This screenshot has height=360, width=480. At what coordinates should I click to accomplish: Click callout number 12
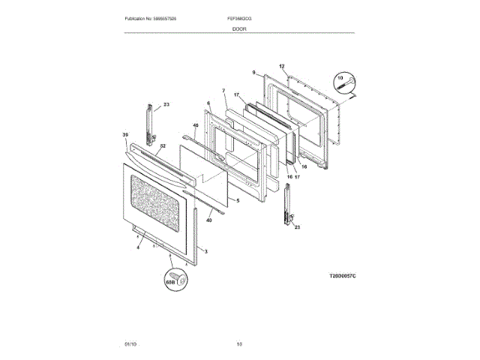pyautogui.click(x=282, y=67)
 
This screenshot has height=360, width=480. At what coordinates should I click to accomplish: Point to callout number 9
pyautogui.click(x=254, y=73)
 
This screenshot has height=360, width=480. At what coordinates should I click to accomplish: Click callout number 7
pyautogui.click(x=223, y=91)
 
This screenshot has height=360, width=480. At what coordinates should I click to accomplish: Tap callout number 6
pyautogui.click(x=208, y=103)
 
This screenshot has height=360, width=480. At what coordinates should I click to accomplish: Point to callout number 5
pyautogui.click(x=237, y=200)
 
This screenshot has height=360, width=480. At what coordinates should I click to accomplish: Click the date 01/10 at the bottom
pyautogui.click(x=130, y=343)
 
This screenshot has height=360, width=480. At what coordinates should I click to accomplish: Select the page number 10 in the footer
pyautogui.click(x=239, y=343)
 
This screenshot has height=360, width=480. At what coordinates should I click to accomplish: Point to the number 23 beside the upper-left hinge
pyautogui.click(x=166, y=104)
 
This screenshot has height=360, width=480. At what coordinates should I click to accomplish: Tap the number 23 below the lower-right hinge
pyautogui.click(x=297, y=227)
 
